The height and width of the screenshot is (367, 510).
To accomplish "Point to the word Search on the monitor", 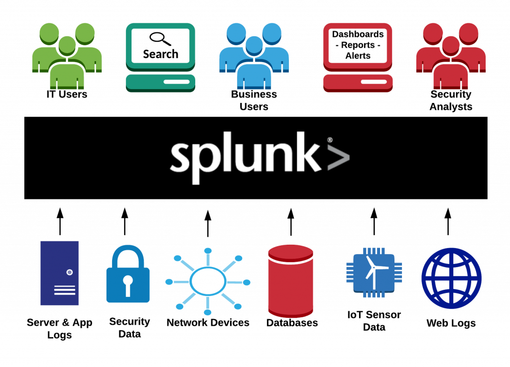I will (160, 54).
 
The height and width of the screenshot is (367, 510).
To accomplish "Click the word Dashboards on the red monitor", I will (358, 34).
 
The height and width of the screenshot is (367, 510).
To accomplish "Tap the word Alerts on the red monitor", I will (358, 56).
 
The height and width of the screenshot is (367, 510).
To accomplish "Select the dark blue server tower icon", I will (60, 273).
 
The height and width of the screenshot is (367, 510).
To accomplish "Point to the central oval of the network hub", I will (208, 281).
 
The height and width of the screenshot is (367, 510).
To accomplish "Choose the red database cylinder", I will (291, 278).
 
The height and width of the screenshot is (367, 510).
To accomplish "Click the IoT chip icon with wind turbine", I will (374, 272).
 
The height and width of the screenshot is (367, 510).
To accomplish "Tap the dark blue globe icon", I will (451, 278).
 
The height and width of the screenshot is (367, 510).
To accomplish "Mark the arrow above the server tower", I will (60, 221).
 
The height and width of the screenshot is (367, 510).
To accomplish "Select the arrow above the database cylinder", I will (291, 221).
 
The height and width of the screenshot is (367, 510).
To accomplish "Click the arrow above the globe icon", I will (448, 221).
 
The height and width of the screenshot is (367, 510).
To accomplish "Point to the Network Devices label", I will (208, 323).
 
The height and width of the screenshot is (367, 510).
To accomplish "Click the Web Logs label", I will (451, 323).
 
